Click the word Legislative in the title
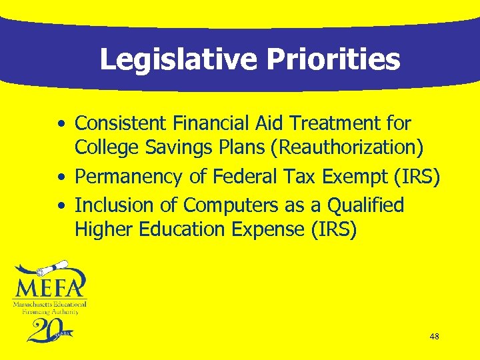click(177, 60)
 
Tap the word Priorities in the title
click(333, 60)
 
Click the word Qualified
click(366, 205)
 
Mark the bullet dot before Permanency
click(61, 178)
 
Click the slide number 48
click(434, 337)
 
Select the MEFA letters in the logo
click(50, 289)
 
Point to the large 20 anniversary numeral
click(43, 330)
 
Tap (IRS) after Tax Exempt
click(417, 177)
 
